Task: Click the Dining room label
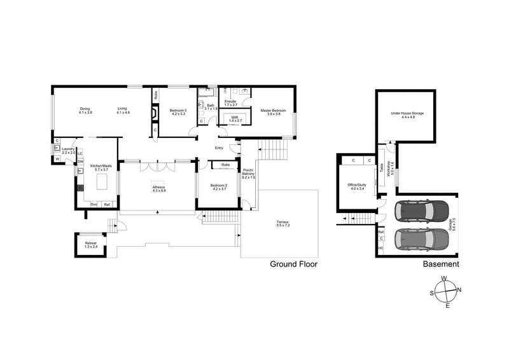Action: tap(86, 110)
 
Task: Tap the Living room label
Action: tap(123, 110)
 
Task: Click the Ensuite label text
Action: tap(230, 102)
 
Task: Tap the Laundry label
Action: tap(69, 150)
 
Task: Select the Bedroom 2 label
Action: tap(220, 187)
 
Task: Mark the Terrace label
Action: tap(282, 224)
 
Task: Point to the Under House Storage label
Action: tap(408, 115)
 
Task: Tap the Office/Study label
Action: tap(356, 186)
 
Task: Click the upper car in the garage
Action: tap(421, 210)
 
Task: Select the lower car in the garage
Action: tap(421, 239)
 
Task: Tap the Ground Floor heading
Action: tap(293, 264)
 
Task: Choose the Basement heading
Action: tap(441, 264)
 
